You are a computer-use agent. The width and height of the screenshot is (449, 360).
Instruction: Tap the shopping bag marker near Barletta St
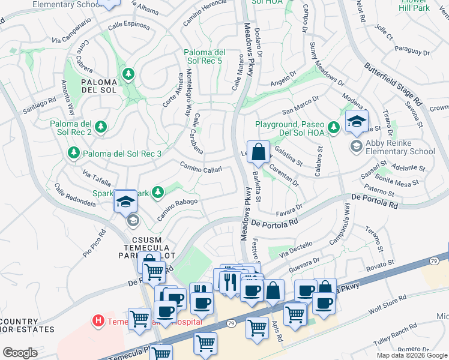259,154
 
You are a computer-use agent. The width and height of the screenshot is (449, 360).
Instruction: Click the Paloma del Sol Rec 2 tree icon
101,127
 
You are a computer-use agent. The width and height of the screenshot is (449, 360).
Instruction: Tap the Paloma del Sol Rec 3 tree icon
74,154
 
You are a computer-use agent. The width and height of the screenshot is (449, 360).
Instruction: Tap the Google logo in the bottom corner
20,353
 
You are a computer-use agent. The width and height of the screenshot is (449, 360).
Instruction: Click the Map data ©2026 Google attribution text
412,355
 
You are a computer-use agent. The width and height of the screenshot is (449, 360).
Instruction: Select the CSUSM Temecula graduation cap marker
126,202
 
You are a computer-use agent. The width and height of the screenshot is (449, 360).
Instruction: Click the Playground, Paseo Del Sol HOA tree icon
334,127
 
